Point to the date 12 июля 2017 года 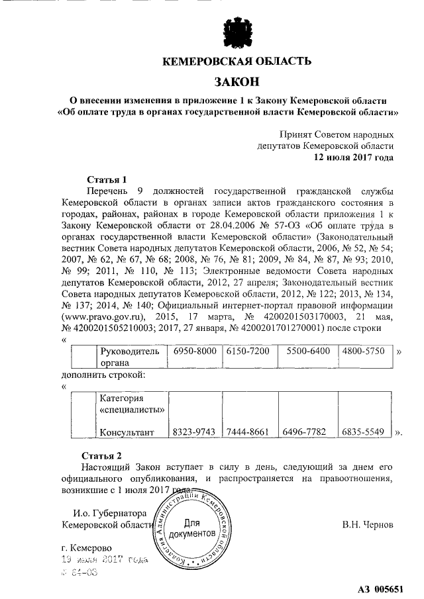pyautogui.click(x=354, y=158)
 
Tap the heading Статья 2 pyautogui.click(x=102, y=455)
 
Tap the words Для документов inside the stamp pyautogui.click(x=191, y=528)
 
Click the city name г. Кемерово pyautogui.click(x=86, y=548)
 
